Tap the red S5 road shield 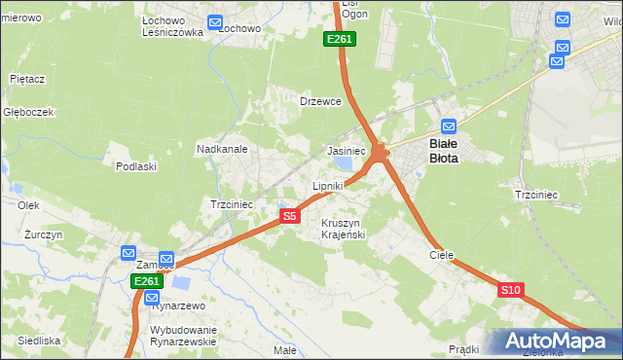(x=289, y=216)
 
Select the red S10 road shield (x=511, y=290)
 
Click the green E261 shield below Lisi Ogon (x=341, y=39)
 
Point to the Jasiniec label (x=346, y=152)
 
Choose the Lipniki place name (x=328, y=186)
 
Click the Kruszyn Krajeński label (x=343, y=230)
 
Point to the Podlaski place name (x=136, y=166)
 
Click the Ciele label (x=442, y=254)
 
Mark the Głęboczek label (x=28, y=112)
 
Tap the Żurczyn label (x=44, y=235)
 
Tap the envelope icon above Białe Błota (x=448, y=126)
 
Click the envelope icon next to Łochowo (x=215, y=22)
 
